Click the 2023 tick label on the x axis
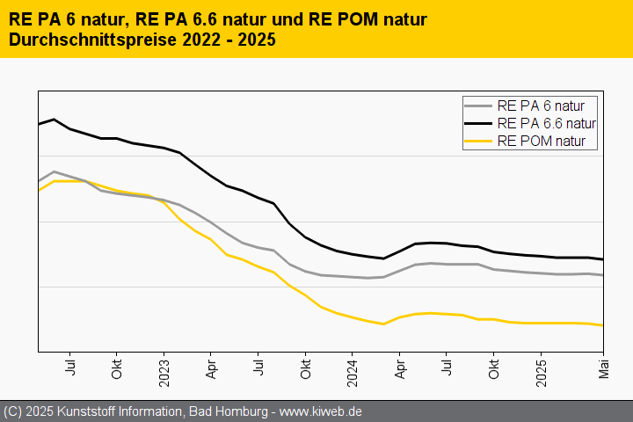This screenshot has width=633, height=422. [x=164, y=371]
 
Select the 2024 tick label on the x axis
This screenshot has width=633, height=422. [x=352, y=371]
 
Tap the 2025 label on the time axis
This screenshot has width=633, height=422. [x=541, y=371]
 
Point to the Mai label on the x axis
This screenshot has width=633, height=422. [x=603, y=368]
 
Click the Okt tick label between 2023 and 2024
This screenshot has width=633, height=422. [x=305, y=368]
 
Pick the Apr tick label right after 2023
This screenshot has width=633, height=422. [x=211, y=368]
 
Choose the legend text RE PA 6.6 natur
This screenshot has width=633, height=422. [x=546, y=123]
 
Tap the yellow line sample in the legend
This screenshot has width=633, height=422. [x=479, y=141]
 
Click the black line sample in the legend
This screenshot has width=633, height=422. [x=479, y=123]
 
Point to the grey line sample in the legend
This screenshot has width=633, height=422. [x=479, y=105]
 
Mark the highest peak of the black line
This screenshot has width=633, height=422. [x=55, y=120]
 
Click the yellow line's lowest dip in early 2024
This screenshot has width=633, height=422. [x=383, y=324]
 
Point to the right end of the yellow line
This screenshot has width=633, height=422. [x=602, y=325]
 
